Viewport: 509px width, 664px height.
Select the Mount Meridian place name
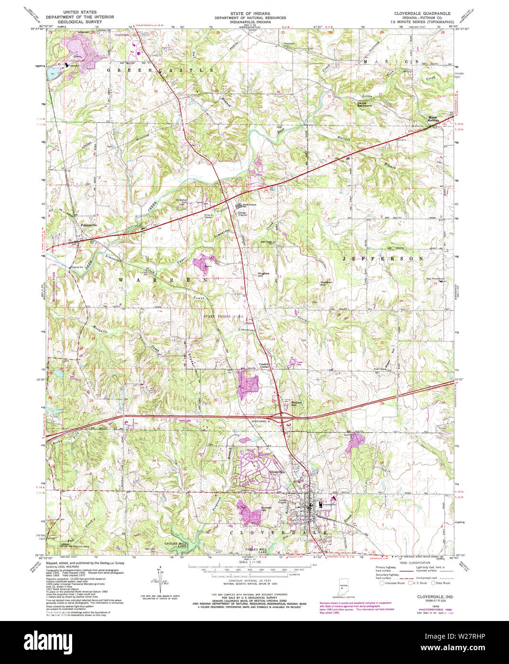[433, 118]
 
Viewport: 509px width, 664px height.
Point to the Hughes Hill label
[263, 275]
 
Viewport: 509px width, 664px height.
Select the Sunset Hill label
[266, 509]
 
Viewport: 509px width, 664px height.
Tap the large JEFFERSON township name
[382, 258]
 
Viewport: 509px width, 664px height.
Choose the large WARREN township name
[162, 280]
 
